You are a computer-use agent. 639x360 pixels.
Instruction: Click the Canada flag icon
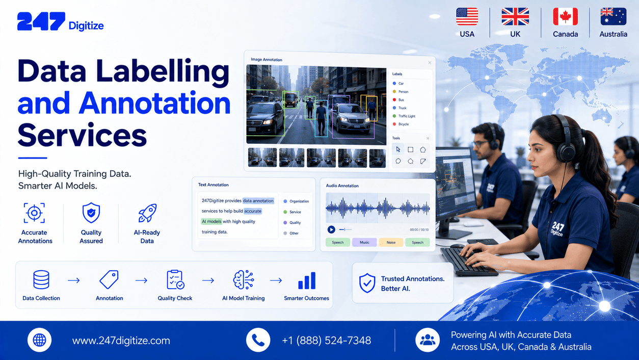pos(565,16)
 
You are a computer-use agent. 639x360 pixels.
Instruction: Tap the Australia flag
pos(614,16)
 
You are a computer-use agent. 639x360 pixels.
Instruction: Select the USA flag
pos(467,16)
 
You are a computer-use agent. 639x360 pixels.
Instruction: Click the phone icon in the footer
pos(258,340)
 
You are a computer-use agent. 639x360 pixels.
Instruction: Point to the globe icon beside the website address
pos(39,340)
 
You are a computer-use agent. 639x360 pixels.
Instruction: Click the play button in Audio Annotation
pos(331,229)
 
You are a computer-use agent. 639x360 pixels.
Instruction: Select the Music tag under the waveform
pos(364,242)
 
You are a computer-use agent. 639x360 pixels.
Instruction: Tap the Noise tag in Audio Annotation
pos(391,242)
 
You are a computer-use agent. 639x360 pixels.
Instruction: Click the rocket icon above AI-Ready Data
pos(147,213)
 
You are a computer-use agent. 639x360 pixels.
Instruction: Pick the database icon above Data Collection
pos(41,279)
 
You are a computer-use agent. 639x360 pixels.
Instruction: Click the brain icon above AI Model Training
pos(244,280)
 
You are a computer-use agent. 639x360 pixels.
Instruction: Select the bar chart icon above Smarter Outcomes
pos(307,280)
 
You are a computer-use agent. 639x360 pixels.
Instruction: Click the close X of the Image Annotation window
pos(430,63)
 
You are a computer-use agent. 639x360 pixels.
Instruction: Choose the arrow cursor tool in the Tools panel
pos(398,149)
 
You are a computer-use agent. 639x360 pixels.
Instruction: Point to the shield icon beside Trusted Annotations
pos(367,283)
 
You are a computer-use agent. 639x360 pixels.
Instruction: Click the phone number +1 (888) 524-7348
pos(326,340)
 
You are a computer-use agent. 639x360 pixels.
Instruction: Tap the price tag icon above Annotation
pos(109,279)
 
